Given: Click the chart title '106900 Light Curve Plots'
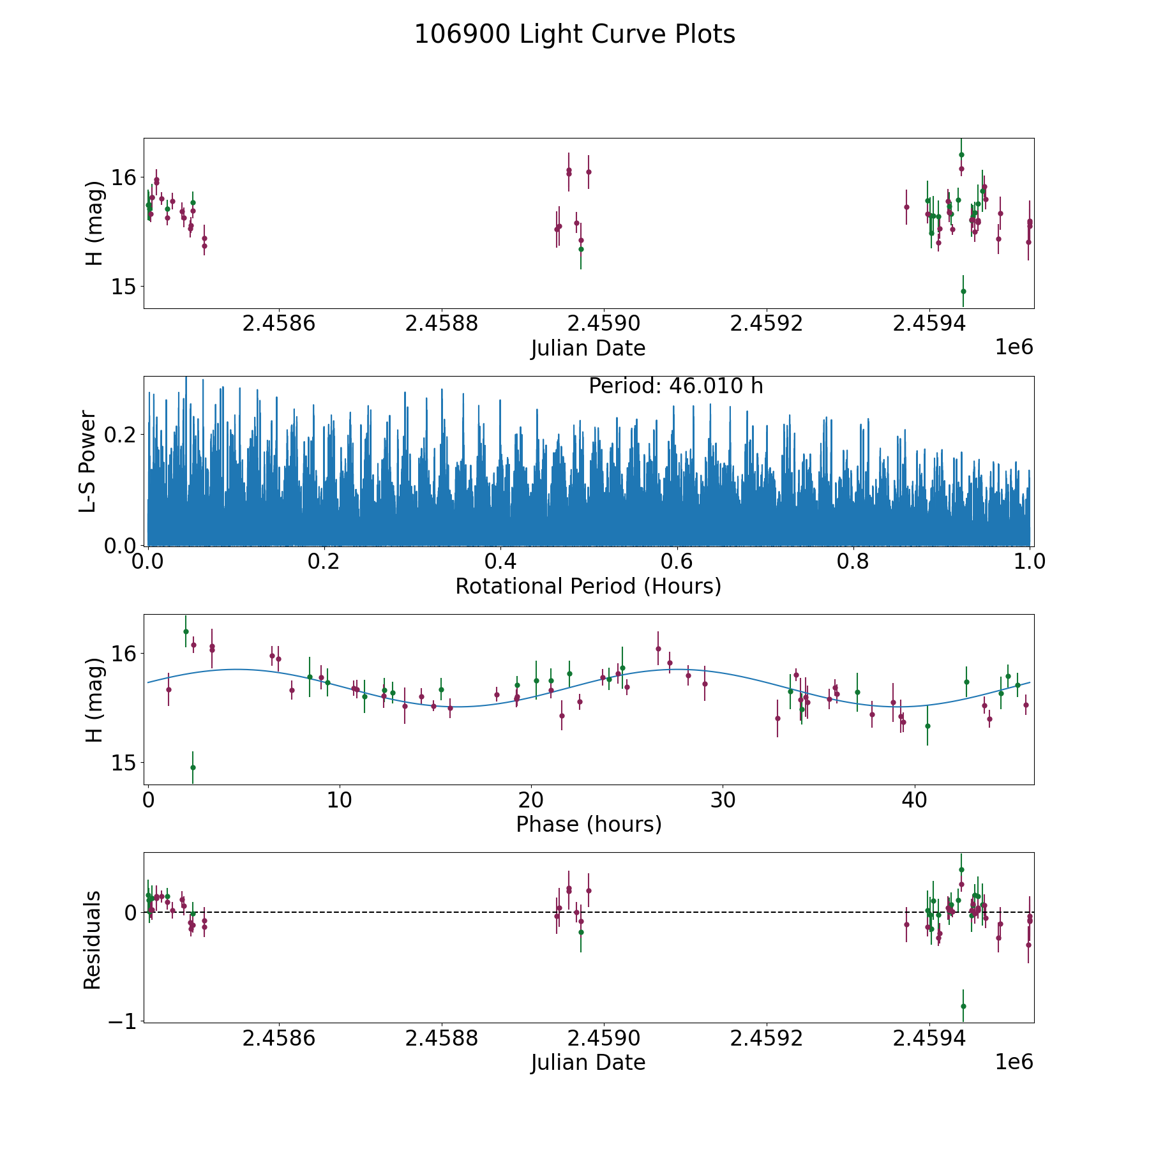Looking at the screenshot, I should (x=574, y=34).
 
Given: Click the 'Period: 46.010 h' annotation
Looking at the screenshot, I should (x=675, y=386).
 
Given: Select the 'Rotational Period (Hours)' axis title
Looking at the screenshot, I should (x=588, y=586).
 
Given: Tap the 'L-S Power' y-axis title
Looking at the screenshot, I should (x=88, y=461).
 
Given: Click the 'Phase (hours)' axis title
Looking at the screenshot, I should (x=588, y=824).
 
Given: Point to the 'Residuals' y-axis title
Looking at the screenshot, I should (x=93, y=940).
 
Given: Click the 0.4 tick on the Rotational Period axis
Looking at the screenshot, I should (x=500, y=562).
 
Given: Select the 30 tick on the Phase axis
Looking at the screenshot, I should (x=723, y=800).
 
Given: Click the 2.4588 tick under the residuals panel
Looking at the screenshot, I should (x=441, y=1039).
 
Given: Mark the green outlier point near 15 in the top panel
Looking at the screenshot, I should (x=963, y=291).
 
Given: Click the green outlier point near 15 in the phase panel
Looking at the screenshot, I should (x=193, y=767).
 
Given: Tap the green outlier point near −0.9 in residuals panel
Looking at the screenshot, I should (x=963, y=1006).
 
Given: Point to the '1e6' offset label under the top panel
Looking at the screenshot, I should (x=1014, y=347).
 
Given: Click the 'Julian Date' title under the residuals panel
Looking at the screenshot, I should (x=588, y=1063).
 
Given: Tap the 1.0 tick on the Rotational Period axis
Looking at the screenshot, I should (x=1030, y=562).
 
